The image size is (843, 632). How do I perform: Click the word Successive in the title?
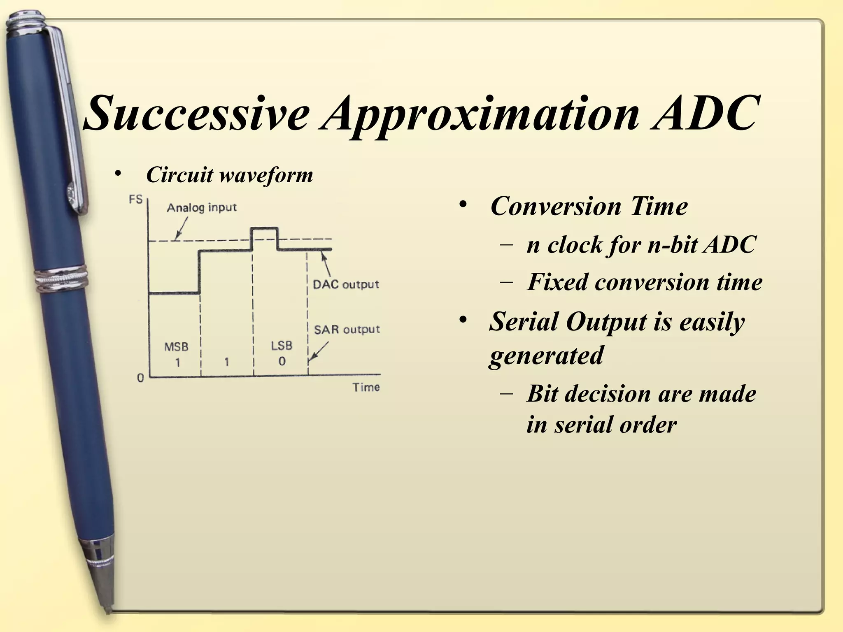click(x=197, y=112)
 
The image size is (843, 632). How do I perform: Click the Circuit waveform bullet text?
click(x=229, y=175)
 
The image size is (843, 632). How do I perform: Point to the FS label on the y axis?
click(x=135, y=200)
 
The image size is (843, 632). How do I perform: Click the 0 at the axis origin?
click(x=140, y=378)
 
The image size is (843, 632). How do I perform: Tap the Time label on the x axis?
click(x=366, y=387)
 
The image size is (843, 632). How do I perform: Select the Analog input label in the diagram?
click(x=202, y=207)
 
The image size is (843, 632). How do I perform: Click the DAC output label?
click(x=346, y=284)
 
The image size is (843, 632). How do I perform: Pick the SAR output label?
click(x=347, y=330)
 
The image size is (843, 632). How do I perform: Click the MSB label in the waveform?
click(x=176, y=347)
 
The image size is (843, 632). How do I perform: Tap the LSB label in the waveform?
click(x=282, y=346)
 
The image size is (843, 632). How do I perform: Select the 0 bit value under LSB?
click(x=282, y=362)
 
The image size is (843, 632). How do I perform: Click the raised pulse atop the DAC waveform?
click(x=265, y=229)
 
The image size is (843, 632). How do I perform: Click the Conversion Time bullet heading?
click(x=589, y=206)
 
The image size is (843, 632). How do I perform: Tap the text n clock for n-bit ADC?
click(x=641, y=245)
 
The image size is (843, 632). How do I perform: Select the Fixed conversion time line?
click(x=644, y=282)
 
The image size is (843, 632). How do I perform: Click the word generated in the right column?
click(x=546, y=355)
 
